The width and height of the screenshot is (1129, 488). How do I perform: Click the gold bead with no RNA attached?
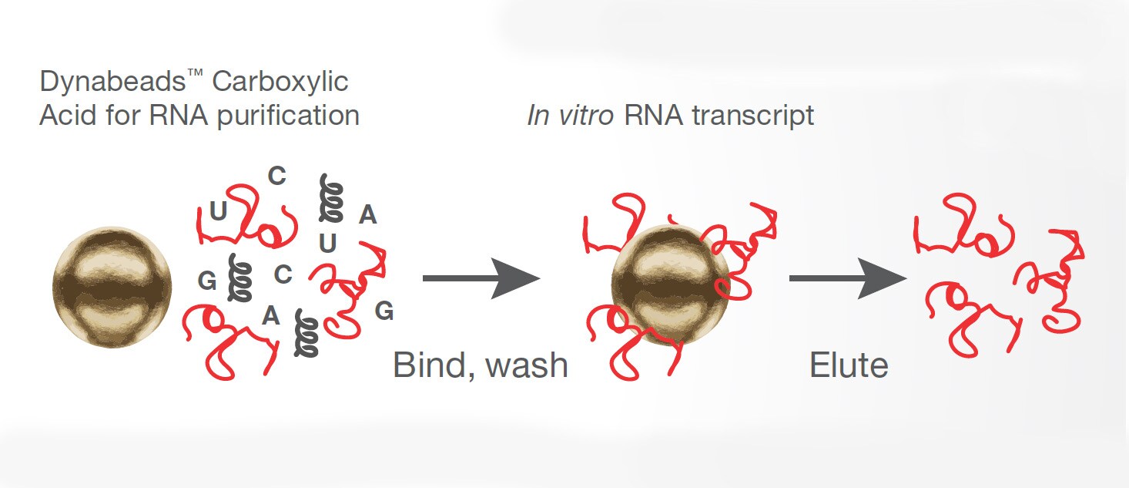(112, 287)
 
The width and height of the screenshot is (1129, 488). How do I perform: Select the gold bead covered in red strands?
(670, 285)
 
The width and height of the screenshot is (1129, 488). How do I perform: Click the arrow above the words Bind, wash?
(481, 278)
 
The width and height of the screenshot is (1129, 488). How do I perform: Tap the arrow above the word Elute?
(848, 278)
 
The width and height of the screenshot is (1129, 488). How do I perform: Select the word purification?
(288, 116)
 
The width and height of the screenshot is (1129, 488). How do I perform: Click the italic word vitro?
(586, 116)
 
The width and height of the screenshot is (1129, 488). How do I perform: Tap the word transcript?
(753, 116)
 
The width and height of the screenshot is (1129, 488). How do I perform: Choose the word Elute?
(849, 365)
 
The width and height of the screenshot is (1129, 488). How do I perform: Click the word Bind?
(434, 365)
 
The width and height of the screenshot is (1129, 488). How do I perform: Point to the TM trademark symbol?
(195, 74)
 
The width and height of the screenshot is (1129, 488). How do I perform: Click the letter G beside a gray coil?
(206, 281)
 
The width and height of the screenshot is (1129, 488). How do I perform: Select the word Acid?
(68, 116)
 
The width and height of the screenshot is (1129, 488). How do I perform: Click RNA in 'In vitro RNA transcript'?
(653, 116)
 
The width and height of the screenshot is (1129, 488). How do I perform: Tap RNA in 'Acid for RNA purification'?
(179, 116)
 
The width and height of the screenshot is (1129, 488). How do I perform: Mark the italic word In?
(538, 116)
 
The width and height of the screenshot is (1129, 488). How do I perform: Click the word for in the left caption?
(123, 116)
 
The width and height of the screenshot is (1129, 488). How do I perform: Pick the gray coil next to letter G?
(239, 278)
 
